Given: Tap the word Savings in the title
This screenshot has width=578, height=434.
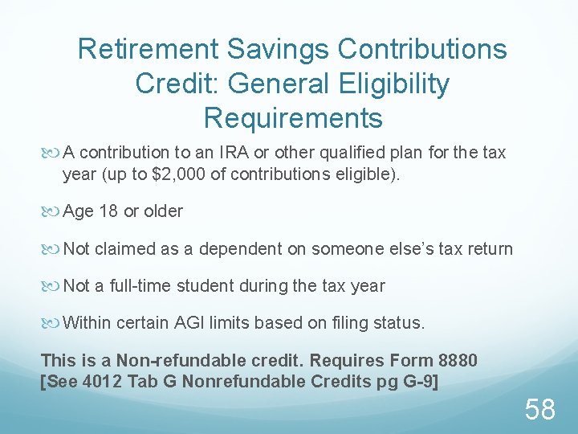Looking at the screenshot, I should click(x=279, y=50).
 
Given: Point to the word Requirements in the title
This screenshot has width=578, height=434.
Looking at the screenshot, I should click(x=293, y=118).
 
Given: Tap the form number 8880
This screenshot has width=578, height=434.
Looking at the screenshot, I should click(x=454, y=361).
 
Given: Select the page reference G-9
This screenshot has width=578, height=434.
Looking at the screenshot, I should click(x=417, y=382).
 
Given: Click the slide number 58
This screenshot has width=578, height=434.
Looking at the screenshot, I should click(x=540, y=410).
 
